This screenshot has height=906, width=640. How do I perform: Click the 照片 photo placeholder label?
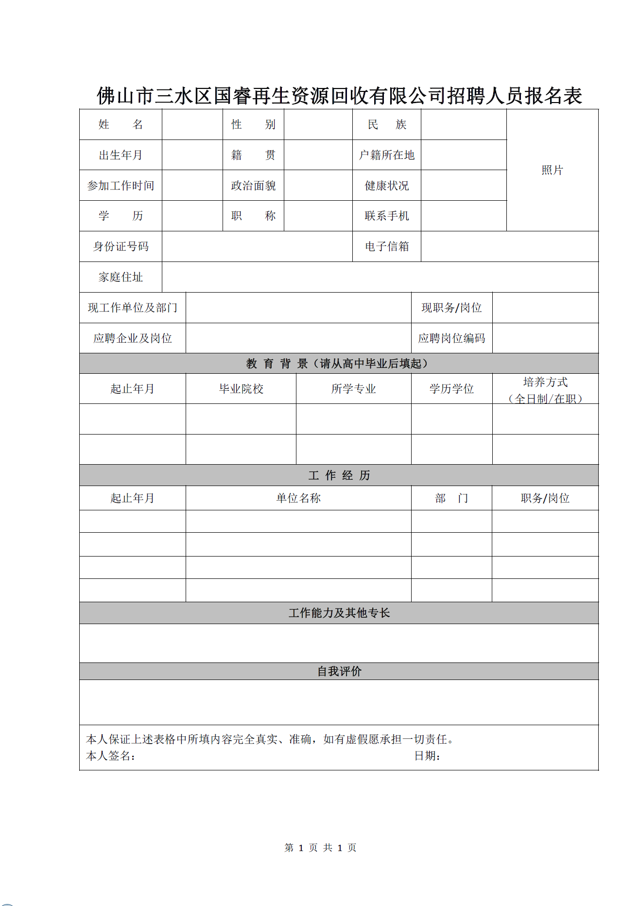tap(552, 170)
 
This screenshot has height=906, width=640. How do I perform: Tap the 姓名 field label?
tap(121, 124)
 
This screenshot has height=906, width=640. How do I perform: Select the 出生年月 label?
tap(121, 155)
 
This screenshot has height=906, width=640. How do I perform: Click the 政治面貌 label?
tap(253, 186)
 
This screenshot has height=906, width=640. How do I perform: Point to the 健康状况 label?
tap(387, 186)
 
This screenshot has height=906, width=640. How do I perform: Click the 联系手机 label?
tap(387, 216)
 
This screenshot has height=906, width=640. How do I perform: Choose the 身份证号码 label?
tap(121, 246)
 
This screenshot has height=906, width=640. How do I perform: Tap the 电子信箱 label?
tap(387, 246)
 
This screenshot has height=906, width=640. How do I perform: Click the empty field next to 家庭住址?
tap(380, 277)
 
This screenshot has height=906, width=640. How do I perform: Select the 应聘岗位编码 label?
tap(451, 338)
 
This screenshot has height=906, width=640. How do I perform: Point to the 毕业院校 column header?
tap(241, 389)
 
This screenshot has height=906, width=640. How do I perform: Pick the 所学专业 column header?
tap(353, 389)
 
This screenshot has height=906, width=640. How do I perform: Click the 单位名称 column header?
tap(298, 498)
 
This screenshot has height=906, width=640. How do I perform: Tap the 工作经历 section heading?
tap(339, 475)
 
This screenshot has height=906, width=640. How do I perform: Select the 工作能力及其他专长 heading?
tap(339, 613)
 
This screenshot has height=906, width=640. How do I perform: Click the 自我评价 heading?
tap(339, 671)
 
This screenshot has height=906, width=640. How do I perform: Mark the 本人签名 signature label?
tap(110, 756)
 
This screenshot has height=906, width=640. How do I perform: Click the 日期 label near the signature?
tap(427, 756)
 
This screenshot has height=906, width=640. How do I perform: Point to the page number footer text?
tap(320, 848)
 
